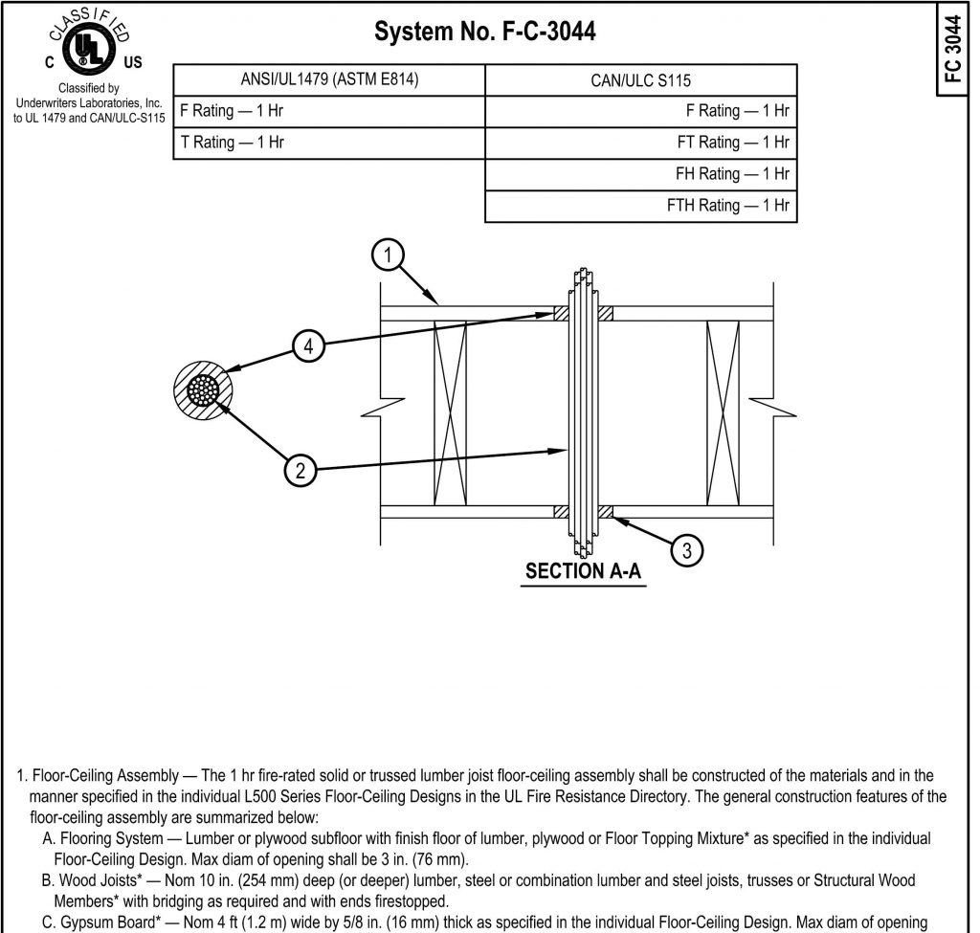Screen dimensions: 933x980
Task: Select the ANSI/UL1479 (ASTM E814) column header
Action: (329, 79)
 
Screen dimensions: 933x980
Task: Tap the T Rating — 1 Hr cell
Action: (329, 143)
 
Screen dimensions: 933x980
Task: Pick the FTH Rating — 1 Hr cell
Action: (640, 206)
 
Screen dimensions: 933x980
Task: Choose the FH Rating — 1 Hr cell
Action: (640, 174)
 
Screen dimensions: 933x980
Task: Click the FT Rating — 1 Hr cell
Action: (640, 143)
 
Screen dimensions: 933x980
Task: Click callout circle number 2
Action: (301, 470)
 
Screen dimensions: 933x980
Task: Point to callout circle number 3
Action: (686, 549)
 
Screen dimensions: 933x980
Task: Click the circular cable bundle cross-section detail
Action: (202, 390)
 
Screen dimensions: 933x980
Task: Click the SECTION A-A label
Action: (583, 572)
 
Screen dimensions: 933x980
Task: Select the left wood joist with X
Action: (449, 412)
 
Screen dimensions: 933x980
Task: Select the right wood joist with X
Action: (724, 412)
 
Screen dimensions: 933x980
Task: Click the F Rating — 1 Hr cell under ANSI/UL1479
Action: (329, 111)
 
